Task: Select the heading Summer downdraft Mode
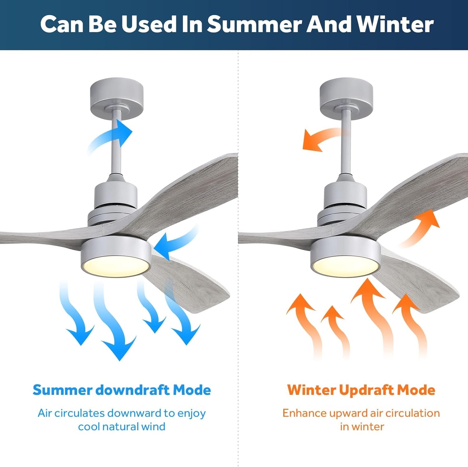tap(122, 390)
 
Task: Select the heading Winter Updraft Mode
tap(361, 390)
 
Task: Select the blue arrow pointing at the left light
tap(175, 242)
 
